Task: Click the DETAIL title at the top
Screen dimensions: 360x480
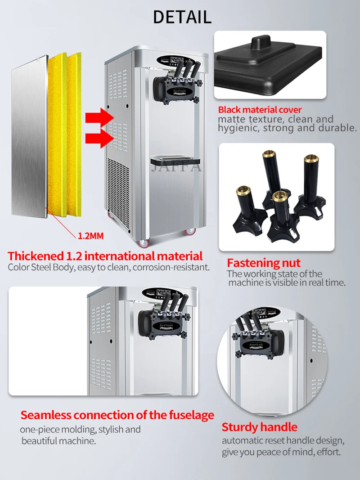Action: point(182,17)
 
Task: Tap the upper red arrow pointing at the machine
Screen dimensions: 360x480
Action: point(99,117)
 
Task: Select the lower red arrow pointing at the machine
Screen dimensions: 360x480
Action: point(99,139)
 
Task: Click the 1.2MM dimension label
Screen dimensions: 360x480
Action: point(90,236)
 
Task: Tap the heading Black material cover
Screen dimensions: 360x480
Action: point(260,110)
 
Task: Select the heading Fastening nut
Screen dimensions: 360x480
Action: point(264,263)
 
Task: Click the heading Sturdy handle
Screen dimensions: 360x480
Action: point(259,427)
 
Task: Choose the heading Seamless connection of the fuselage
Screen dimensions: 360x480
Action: point(117,415)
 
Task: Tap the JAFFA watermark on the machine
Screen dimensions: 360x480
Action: point(176,167)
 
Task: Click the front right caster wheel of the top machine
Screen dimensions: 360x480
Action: point(190,231)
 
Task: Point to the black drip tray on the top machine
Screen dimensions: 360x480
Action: point(175,161)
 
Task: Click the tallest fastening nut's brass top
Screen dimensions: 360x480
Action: point(269,153)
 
